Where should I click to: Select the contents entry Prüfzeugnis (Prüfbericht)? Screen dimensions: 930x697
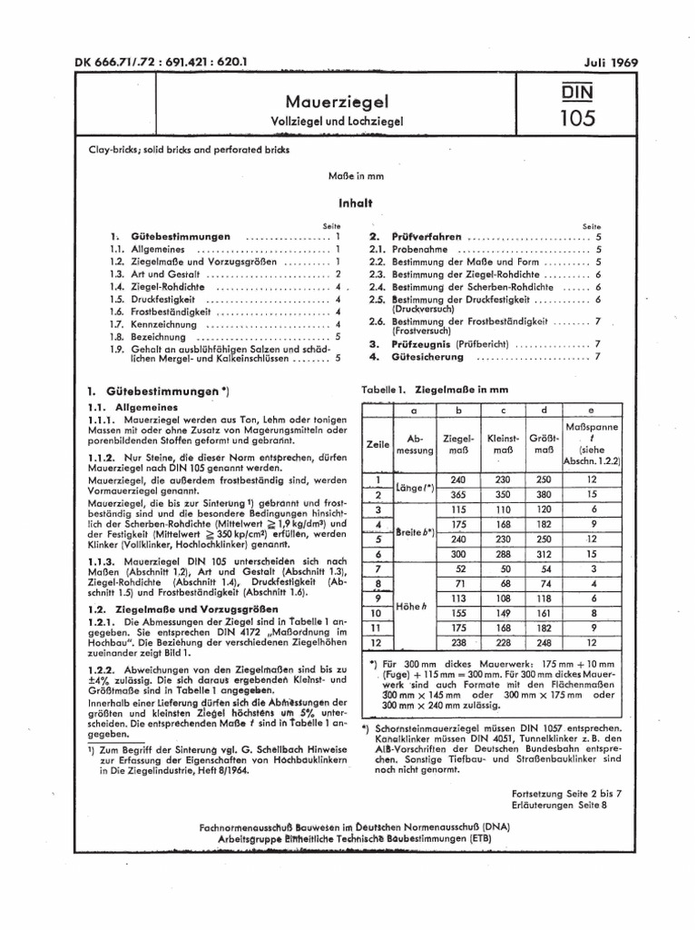click(x=452, y=344)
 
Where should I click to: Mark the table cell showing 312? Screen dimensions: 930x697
click(x=543, y=553)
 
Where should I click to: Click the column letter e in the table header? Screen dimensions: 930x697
click(x=591, y=409)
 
